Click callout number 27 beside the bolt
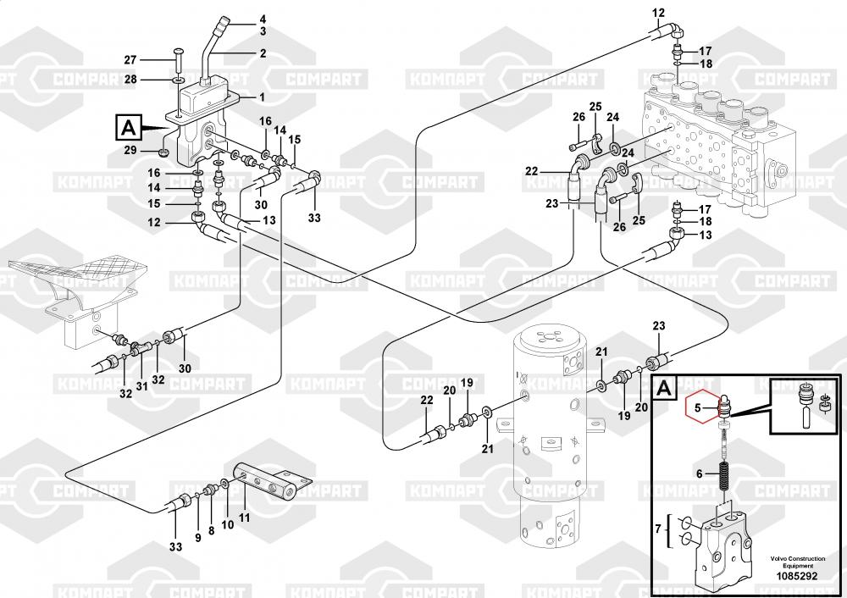[130, 60]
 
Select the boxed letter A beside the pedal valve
[129, 128]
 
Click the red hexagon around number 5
[701, 407]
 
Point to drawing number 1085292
[797, 576]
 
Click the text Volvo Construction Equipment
[798, 562]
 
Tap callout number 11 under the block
[245, 518]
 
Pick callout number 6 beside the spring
[700, 474]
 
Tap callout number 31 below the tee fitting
[141, 387]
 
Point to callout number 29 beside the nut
[130, 150]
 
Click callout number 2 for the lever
[263, 53]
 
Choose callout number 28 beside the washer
[130, 80]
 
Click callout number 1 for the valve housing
[263, 97]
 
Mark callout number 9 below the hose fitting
[197, 538]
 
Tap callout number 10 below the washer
[227, 524]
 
